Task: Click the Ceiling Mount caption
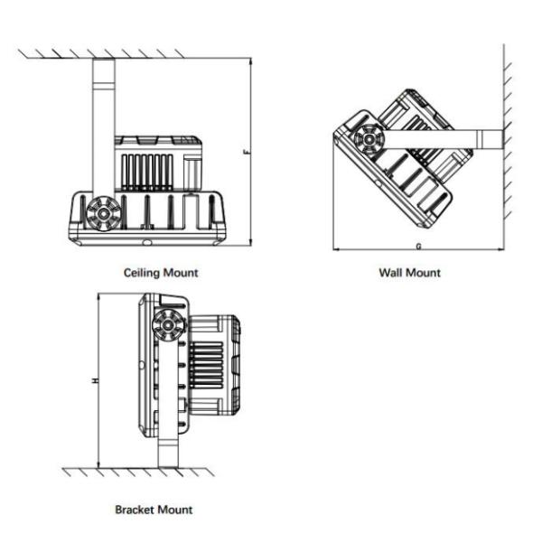(161, 271)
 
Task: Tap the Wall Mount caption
(410, 272)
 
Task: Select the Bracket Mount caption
(154, 510)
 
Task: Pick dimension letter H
(93, 381)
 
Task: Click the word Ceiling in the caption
(144, 271)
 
